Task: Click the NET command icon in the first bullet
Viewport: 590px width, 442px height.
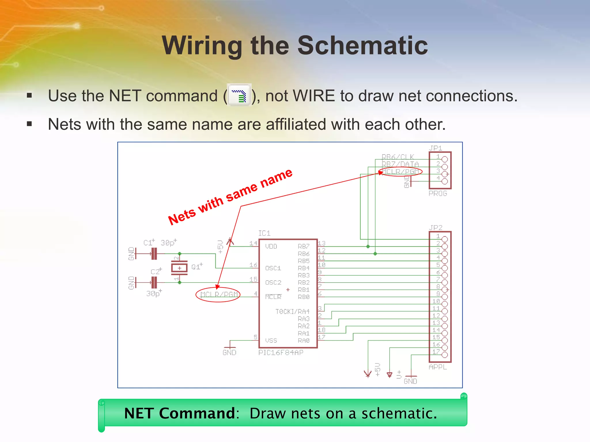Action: (239, 95)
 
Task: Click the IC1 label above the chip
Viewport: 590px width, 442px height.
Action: (264, 233)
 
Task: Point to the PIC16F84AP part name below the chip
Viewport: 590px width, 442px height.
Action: (281, 353)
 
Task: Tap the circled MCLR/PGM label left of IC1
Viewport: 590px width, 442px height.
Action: (218, 294)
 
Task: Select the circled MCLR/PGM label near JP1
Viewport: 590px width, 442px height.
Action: (400, 172)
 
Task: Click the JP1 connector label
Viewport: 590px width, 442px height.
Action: (435, 148)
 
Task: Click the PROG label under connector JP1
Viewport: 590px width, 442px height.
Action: (438, 193)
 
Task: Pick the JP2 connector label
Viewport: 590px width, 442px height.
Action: (435, 228)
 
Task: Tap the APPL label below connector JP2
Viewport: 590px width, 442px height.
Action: (438, 367)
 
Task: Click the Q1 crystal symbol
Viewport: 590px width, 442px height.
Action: (179, 268)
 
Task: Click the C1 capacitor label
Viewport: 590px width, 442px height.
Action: (148, 243)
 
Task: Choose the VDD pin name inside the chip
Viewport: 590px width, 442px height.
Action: (271, 246)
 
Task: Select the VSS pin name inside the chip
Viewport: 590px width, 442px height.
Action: (271, 340)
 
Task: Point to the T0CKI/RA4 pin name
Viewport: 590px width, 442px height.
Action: (292, 312)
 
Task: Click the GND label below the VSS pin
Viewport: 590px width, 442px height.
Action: (229, 353)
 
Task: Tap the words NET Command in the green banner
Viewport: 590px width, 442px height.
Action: (180, 413)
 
